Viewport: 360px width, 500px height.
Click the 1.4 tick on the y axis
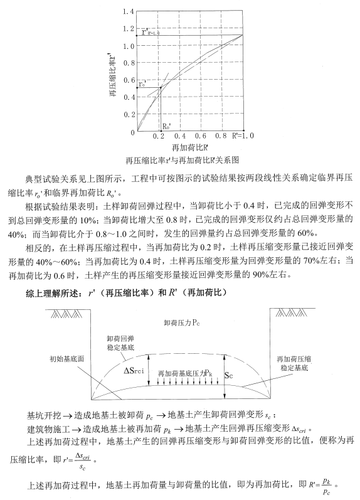[129, 12]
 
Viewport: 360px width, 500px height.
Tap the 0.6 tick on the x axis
[200, 136]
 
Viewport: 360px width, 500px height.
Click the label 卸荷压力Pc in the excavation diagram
[182, 322]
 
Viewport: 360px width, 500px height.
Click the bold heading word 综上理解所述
[47, 292]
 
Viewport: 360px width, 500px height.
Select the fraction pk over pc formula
[326, 485]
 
